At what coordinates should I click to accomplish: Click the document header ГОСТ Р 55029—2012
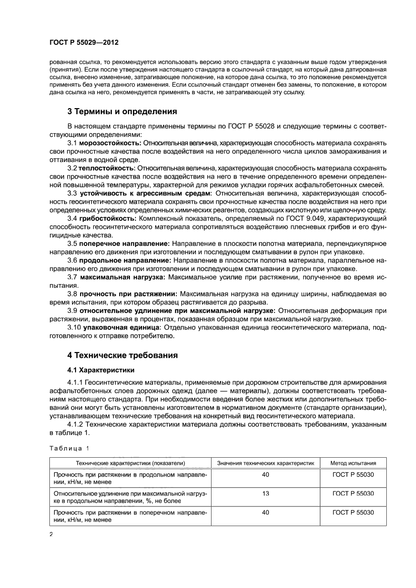pos(84,43)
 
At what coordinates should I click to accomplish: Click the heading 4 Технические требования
pos(122,356)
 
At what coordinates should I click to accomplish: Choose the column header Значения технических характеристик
pos(265,463)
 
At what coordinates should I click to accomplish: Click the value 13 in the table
pos(265,494)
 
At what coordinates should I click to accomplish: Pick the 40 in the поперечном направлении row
pos(265,513)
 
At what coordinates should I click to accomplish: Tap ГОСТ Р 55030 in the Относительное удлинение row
pos(353,494)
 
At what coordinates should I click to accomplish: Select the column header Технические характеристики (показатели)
pos(130,463)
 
